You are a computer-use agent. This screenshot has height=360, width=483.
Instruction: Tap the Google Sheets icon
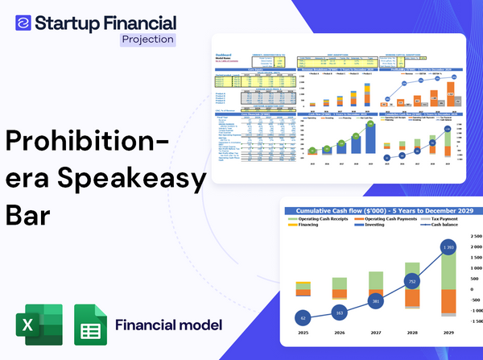click(91, 325)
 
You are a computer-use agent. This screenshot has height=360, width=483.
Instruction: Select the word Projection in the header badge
click(147, 39)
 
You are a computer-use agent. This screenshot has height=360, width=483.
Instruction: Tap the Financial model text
click(168, 325)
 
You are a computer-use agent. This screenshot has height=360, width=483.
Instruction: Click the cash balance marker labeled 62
click(302, 318)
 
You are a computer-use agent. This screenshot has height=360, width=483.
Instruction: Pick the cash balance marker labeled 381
click(375, 301)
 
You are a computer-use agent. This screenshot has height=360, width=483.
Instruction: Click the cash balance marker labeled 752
click(411, 283)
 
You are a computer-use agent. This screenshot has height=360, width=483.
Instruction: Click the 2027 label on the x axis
click(375, 332)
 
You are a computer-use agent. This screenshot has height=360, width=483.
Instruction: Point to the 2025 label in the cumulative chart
click(302, 332)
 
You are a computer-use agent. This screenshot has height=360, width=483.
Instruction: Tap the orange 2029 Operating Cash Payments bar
click(448, 306)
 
